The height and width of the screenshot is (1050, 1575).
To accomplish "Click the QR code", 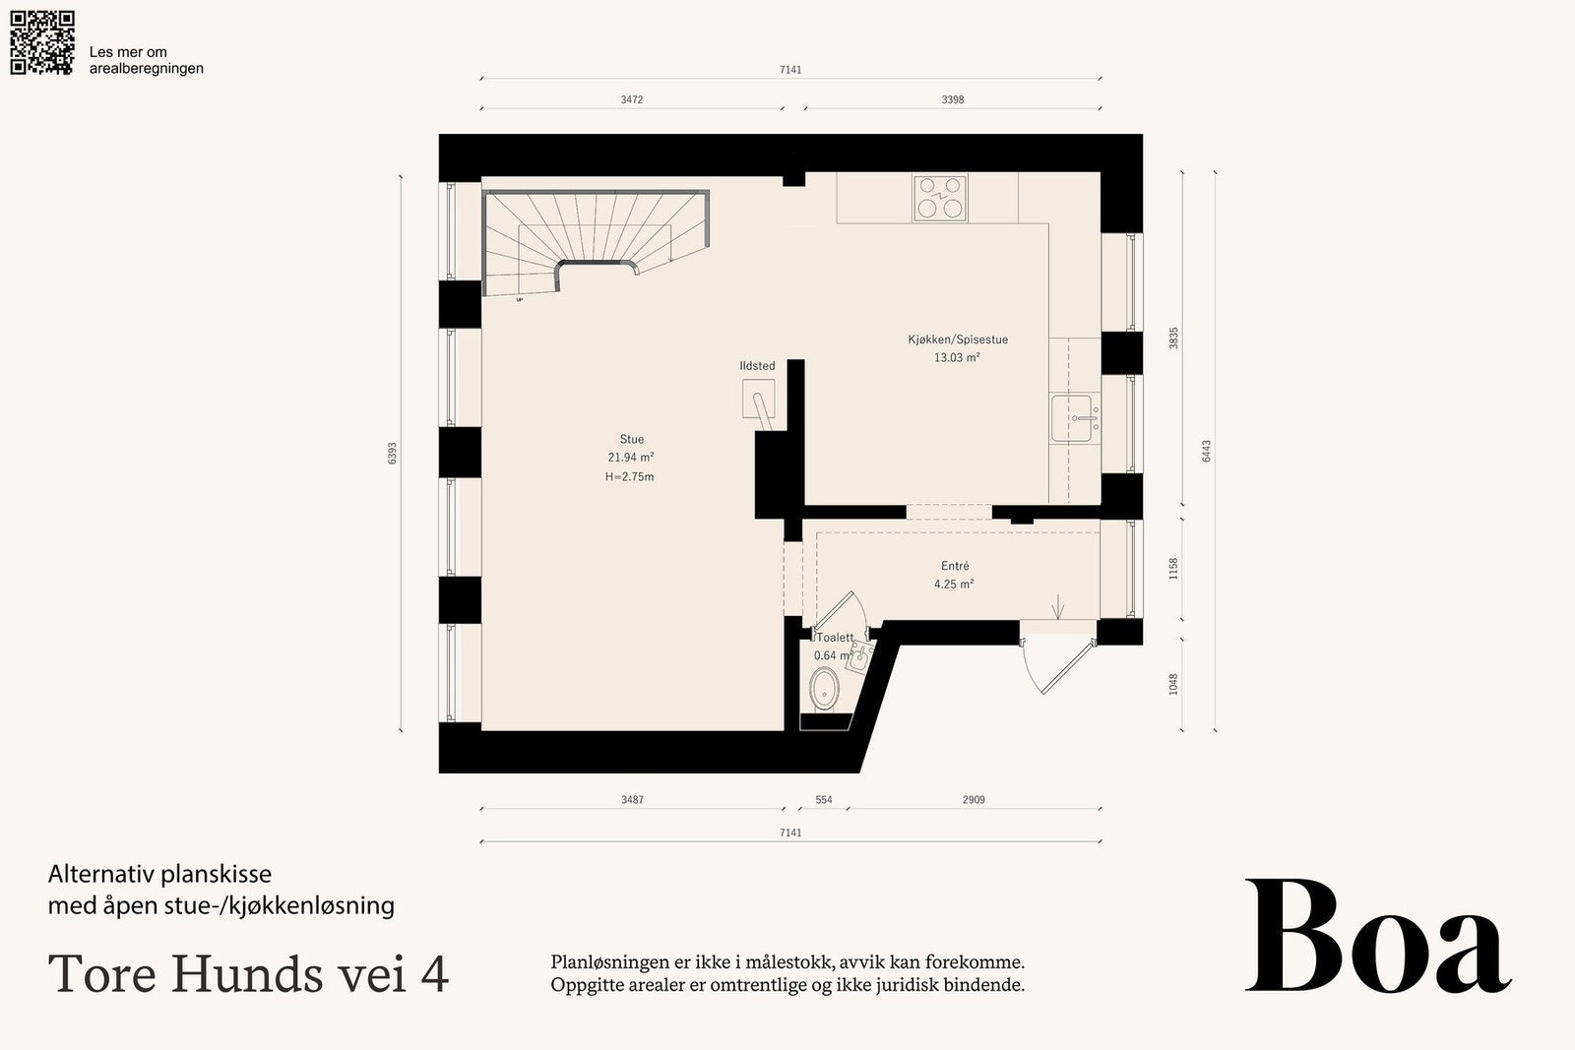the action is click(42, 42).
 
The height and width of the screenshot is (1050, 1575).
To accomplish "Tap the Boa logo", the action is click(1378, 937).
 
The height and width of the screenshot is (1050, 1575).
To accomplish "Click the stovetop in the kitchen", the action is click(940, 198).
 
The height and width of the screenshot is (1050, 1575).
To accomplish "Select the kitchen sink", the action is click(1074, 418).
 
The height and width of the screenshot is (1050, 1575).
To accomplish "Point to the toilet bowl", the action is click(824, 688).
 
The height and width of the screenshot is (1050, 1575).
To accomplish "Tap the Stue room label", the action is click(631, 439).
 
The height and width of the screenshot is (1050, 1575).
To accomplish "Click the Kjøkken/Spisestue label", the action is click(958, 340).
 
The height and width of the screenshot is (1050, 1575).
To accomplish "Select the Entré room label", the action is click(955, 566).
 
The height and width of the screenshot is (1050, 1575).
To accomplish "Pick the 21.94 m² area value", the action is click(631, 458).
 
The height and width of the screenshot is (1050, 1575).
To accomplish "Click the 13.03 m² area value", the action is click(957, 358).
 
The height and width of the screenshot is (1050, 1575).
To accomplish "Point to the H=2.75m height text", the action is click(629, 476).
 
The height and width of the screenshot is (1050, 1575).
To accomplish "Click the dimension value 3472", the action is click(631, 99).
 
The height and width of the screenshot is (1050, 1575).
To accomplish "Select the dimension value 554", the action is click(823, 800).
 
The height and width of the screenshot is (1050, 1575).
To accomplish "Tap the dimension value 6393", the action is click(393, 454).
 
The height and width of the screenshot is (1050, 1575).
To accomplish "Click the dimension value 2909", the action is click(974, 800).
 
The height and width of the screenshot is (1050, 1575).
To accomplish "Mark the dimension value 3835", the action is click(1172, 339).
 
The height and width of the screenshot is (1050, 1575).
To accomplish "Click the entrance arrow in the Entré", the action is click(1058, 607).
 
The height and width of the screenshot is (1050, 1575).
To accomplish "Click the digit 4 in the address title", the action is click(436, 973).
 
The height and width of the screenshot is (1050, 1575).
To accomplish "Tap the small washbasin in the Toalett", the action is click(858, 658).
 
